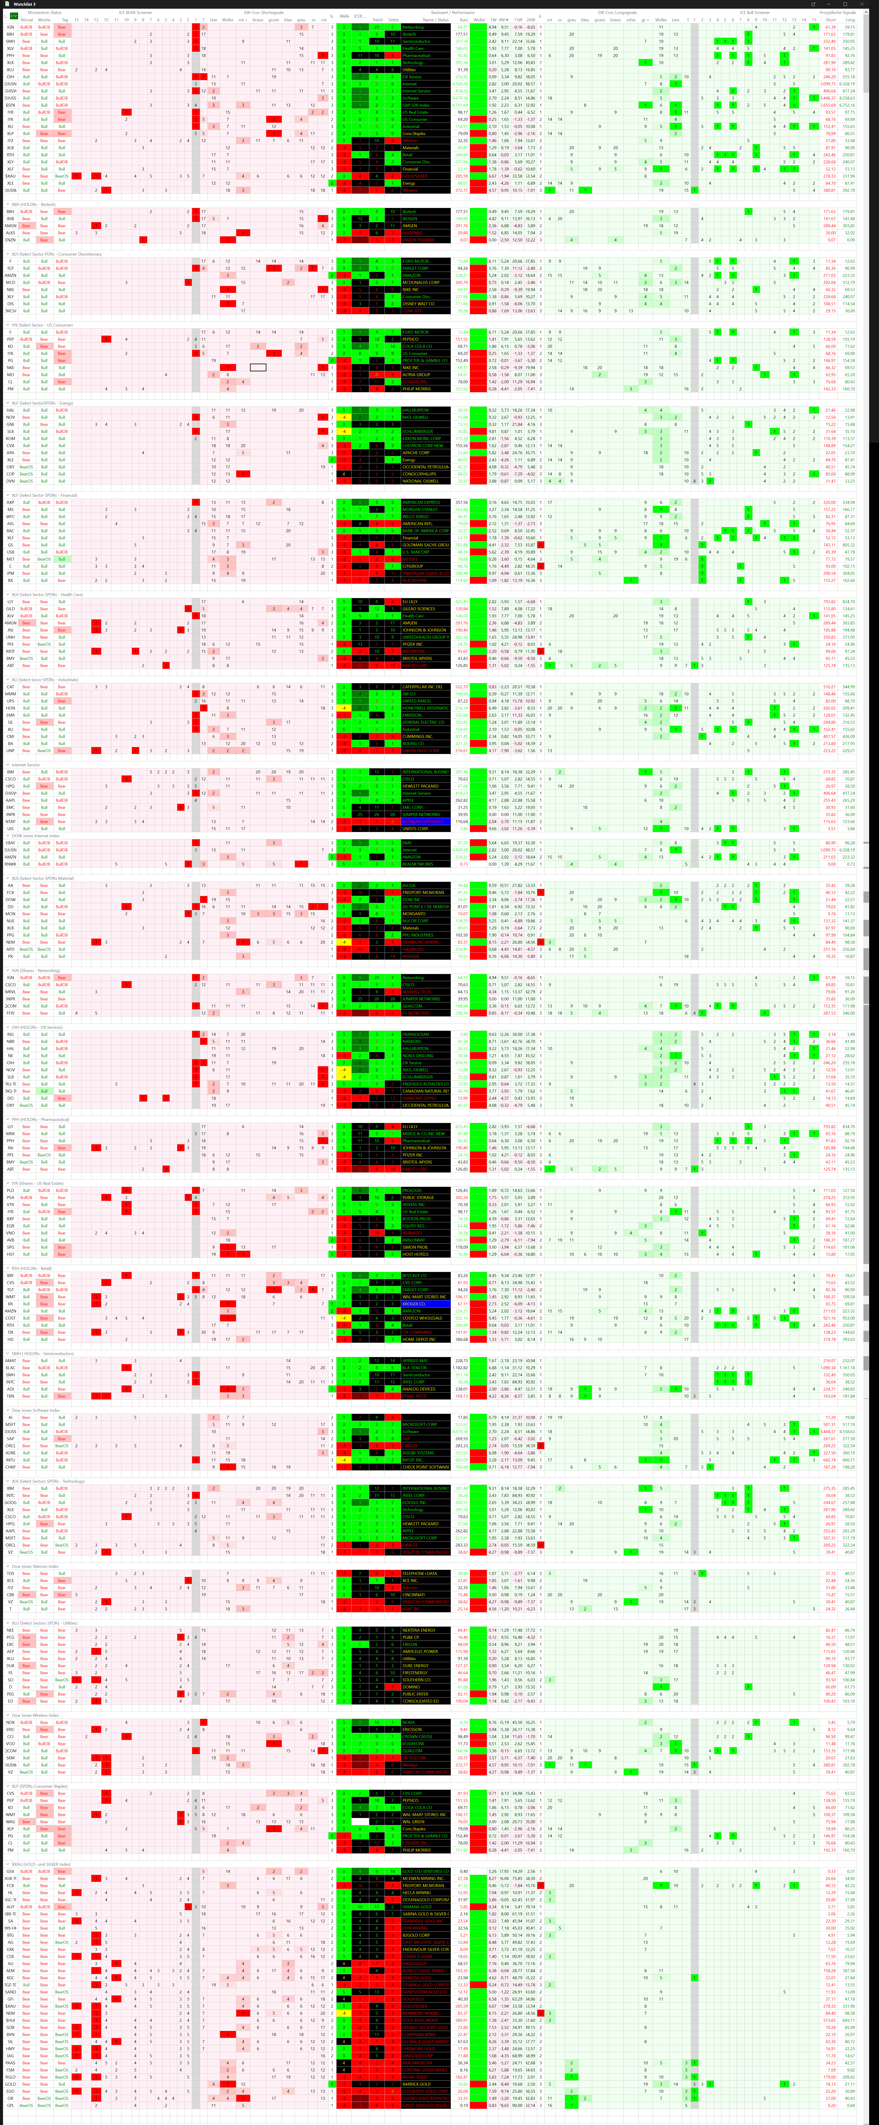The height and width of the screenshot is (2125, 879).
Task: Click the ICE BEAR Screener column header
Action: tap(135, 12)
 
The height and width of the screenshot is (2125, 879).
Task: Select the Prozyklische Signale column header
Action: tap(837, 12)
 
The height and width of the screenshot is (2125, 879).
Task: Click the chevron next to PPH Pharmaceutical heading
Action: tap(7, 1119)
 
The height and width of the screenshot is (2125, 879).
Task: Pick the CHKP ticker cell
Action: tap(11, 1467)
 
